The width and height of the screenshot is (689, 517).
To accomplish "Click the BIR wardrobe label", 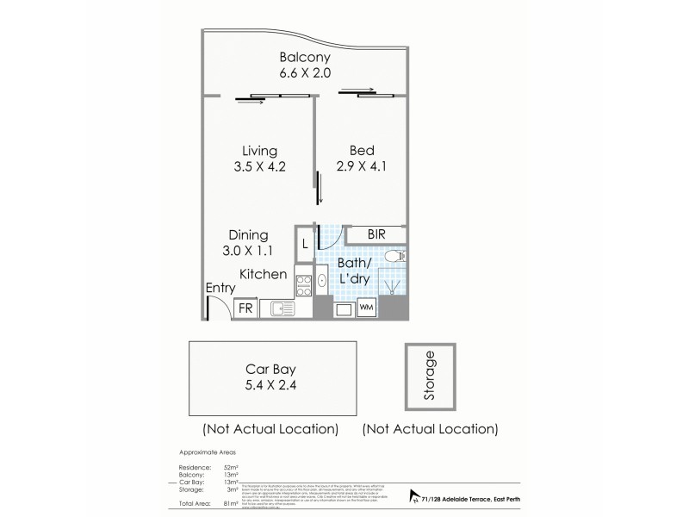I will click(376, 234).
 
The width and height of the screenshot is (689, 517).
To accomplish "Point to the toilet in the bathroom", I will click(394, 256).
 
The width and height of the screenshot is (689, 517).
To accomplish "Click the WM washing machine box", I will click(366, 308).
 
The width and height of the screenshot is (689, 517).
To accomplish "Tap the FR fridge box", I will click(246, 308).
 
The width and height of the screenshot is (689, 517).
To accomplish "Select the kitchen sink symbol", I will click(282, 308).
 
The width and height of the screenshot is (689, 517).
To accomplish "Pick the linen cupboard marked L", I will click(305, 245).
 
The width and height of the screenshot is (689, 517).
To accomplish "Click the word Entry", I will click(221, 289).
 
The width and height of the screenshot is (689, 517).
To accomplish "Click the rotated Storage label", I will click(430, 377).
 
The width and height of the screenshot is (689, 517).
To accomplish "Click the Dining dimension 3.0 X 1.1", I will click(248, 252).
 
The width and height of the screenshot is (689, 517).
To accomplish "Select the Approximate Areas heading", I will click(208, 452).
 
